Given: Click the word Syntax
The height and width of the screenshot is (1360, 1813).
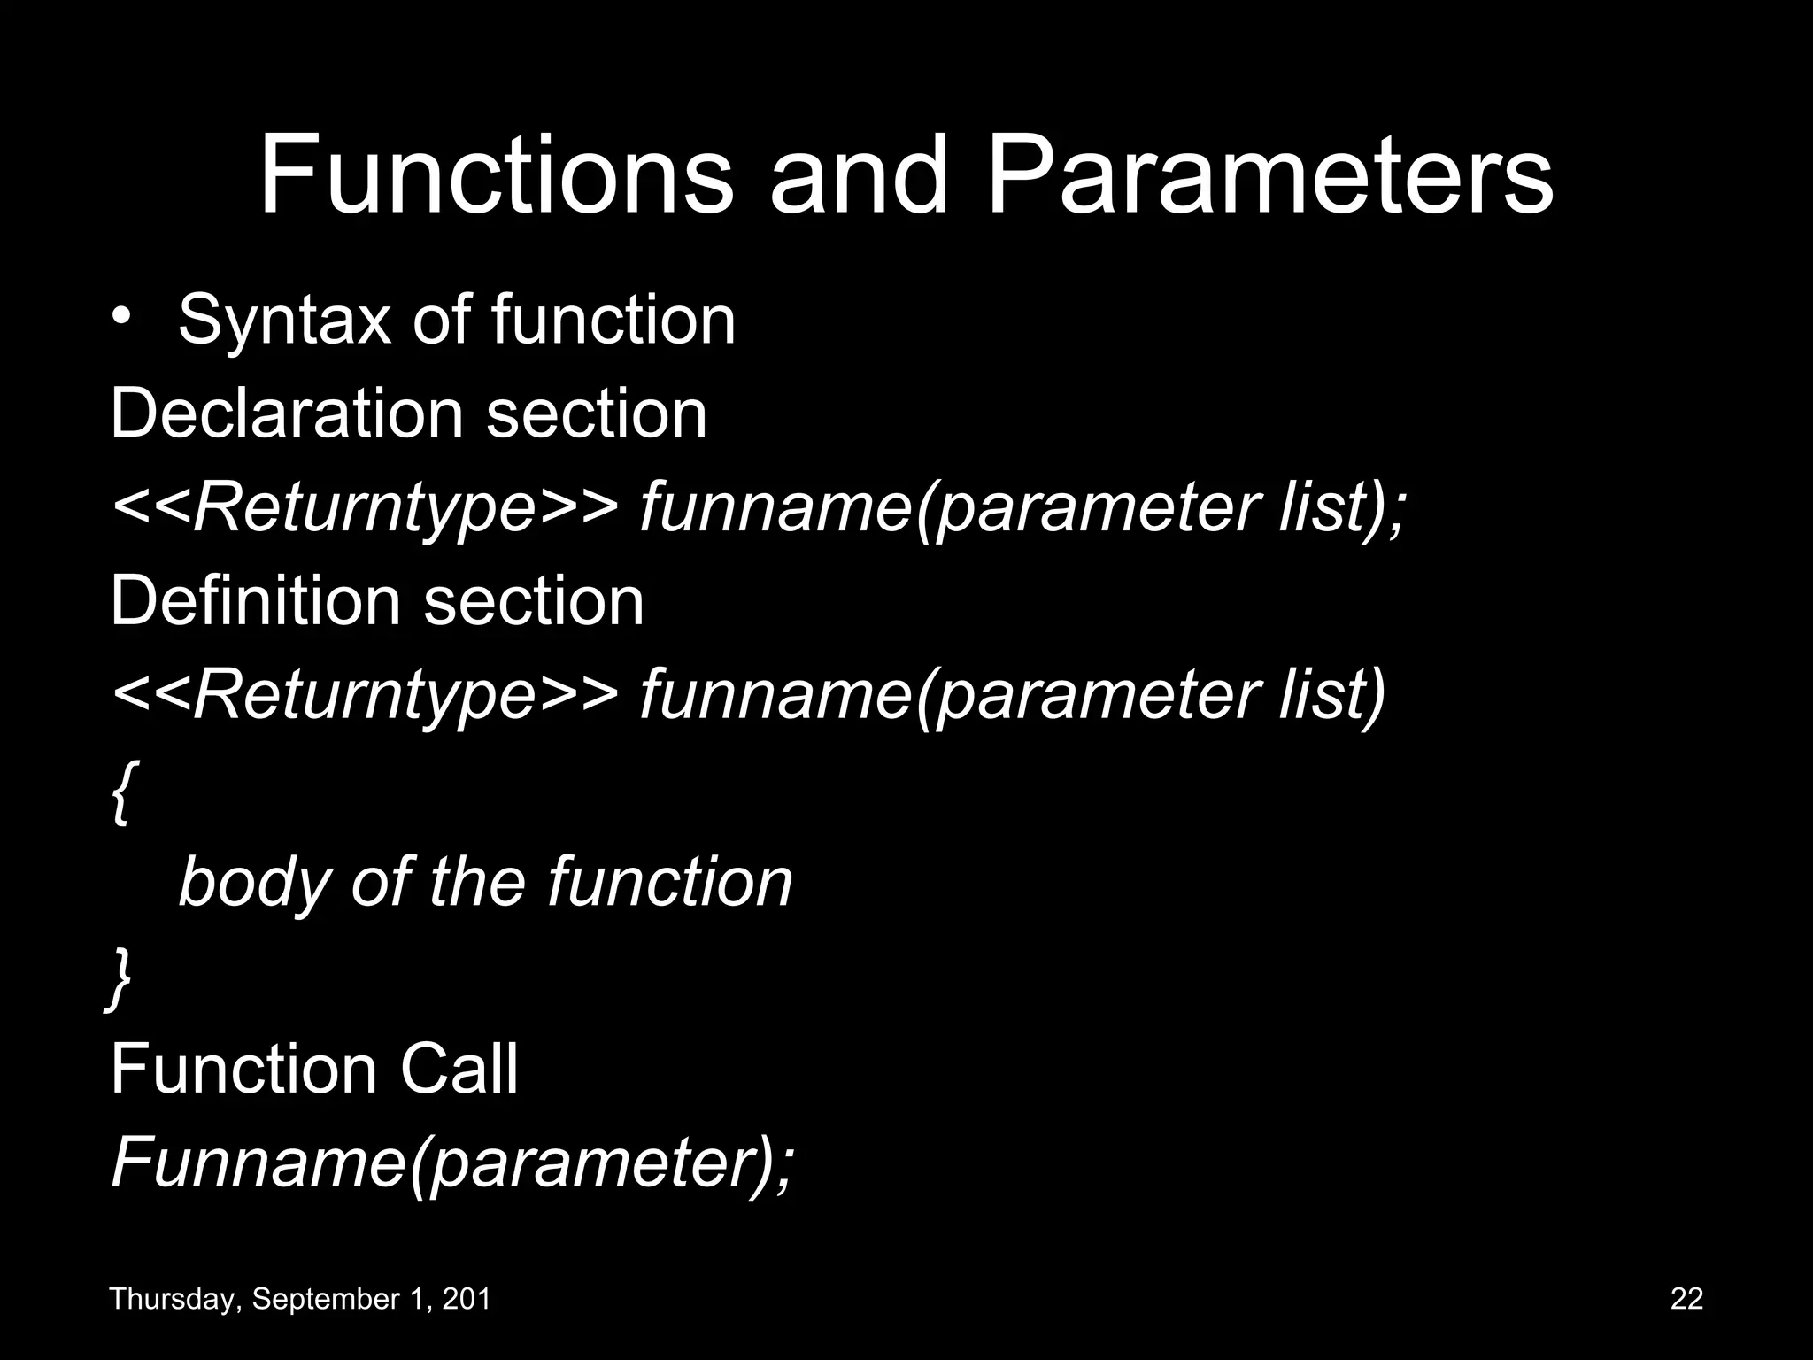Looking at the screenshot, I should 284,321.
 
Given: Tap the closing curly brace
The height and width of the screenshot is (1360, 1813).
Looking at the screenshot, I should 119,979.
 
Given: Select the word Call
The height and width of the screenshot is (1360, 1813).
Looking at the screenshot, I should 459,1069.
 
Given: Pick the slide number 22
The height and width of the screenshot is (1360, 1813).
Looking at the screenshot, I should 1686,1299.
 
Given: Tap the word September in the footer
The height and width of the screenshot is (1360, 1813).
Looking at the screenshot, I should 315,1300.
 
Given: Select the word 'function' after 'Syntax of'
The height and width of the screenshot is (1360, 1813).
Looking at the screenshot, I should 613,320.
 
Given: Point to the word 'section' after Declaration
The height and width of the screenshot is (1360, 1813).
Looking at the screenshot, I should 597,413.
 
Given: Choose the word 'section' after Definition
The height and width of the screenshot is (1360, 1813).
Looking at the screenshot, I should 534,601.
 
